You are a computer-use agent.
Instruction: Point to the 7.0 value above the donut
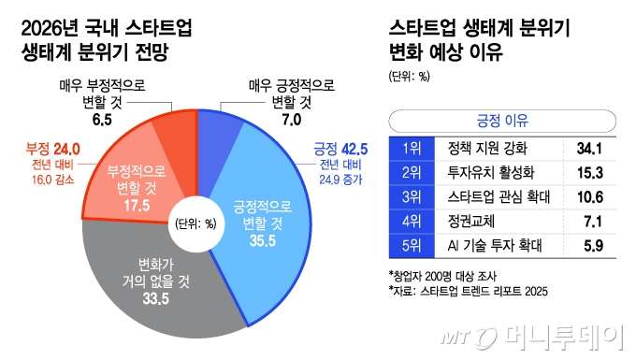pos(287,120)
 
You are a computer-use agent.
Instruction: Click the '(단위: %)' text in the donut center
pos(195,223)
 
